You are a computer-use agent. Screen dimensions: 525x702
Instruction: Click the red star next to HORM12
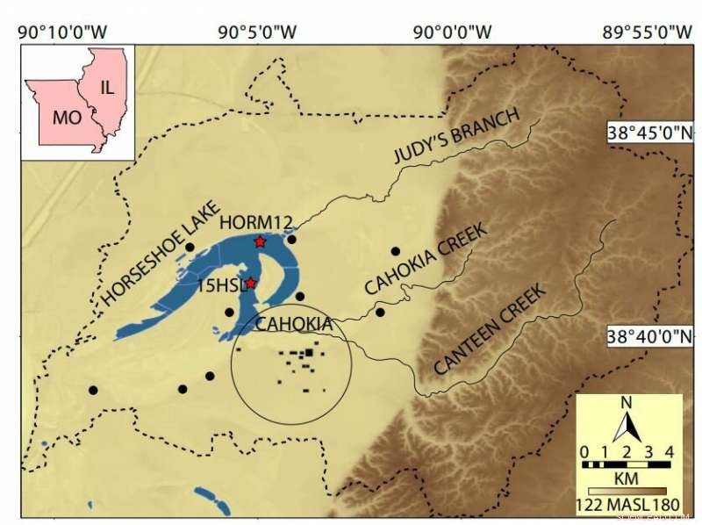coord(260,241)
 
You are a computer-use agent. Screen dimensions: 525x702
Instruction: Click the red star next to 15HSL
coord(251,283)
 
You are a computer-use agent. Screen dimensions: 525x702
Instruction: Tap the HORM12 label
coord(256,223)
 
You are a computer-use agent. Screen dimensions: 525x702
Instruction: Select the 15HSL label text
coord(220,285)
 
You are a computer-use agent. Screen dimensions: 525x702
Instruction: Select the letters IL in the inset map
coord(107,87)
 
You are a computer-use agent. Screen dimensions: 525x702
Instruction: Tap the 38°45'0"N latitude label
coord(650,133)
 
